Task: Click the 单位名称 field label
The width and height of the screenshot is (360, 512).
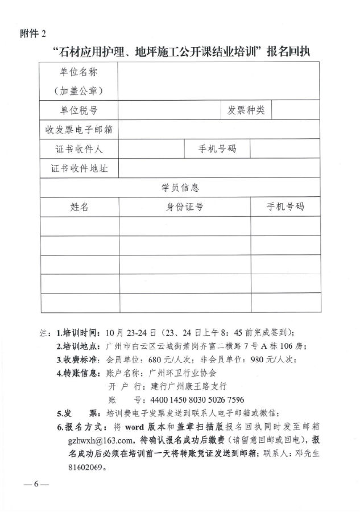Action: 79,72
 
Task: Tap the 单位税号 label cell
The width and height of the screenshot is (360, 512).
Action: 79,110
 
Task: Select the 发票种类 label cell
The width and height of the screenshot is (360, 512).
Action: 246,110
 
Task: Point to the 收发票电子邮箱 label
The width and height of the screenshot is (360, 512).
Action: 79,130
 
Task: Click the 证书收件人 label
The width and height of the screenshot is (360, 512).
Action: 79,149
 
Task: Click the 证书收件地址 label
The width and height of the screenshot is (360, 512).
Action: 79,168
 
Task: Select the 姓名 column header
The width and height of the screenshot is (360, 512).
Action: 79,207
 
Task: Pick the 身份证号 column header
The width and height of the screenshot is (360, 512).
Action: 184,207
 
